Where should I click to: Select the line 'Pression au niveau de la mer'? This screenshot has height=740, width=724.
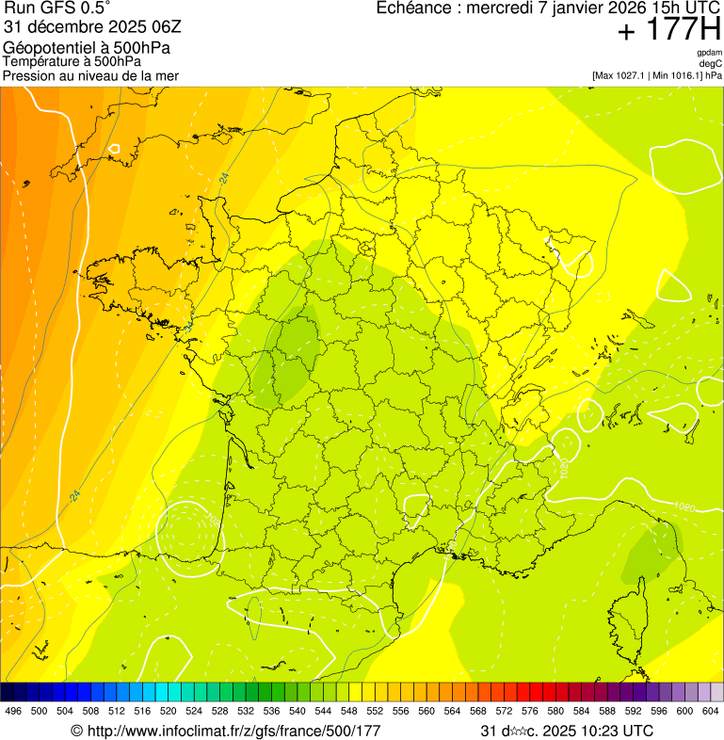click(90, 75)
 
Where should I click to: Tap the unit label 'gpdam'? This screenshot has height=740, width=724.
click(710, 53)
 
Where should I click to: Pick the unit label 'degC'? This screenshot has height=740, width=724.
click(712, 64)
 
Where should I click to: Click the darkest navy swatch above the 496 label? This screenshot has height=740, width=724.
click(8, 692)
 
